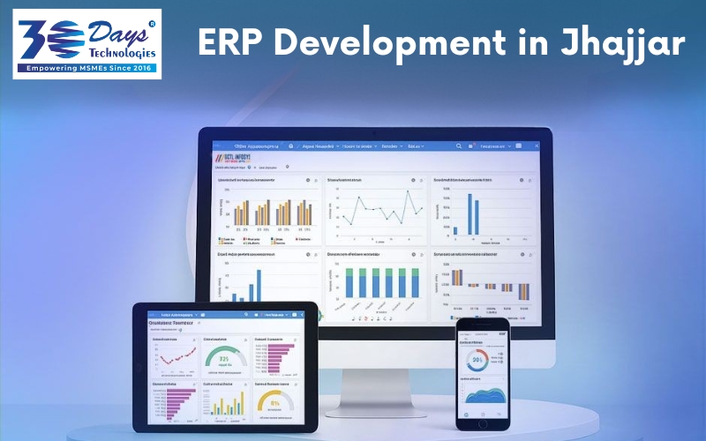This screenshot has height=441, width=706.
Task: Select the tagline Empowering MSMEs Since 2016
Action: [x=86, y=68]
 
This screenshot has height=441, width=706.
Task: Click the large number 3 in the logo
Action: [x=34, y=37]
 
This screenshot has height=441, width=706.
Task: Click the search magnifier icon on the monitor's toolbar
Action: [x=460, y=146]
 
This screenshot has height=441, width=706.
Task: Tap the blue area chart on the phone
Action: [x=482, y=395]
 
